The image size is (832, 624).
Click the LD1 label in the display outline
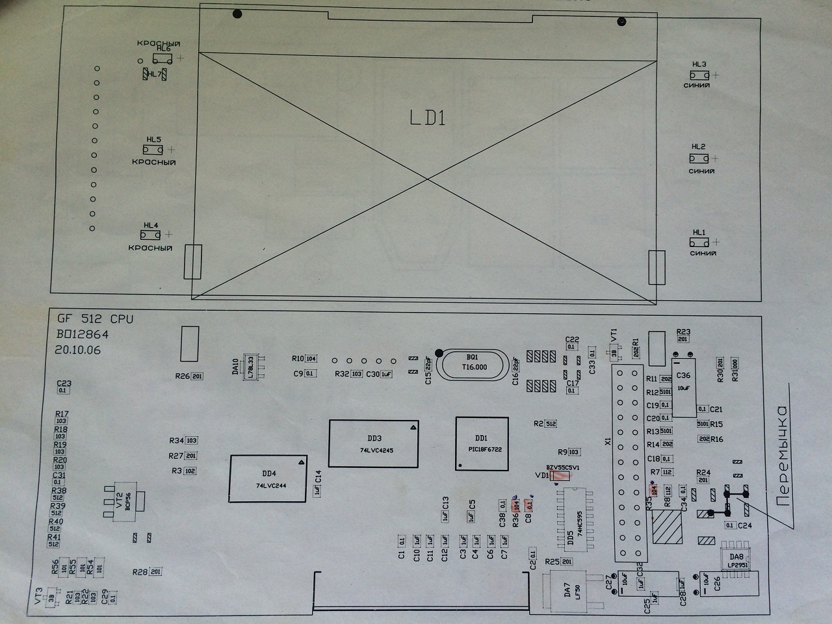tap(427, 118)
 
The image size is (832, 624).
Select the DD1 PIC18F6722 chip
tap(482, 443)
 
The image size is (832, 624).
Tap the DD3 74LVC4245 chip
tap(374, 443)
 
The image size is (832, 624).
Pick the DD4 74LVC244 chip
tap(268, 478)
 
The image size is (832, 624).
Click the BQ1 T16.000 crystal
tap(472, 363)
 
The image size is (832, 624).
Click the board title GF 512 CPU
tap(95, 319)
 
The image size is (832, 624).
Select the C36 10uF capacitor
tap(683, 385)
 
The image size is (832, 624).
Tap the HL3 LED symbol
tap(699, 75)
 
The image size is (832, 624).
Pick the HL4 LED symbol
tap(151, 235)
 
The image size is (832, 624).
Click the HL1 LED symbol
tap(699, 242)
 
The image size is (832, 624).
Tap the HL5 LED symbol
tap(153, 149)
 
